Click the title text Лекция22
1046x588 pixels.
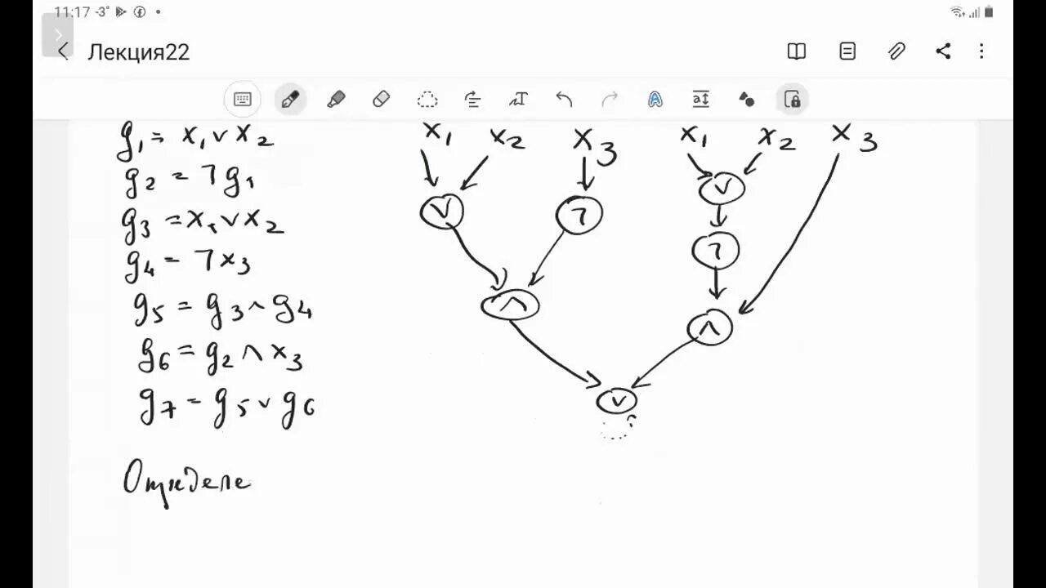point(139,52)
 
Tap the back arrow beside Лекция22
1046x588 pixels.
point(64,52)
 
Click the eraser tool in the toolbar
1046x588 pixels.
point(381,100)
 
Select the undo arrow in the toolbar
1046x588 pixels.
point(564,100)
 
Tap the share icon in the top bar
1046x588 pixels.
point(943,51)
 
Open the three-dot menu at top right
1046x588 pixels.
point(981,51)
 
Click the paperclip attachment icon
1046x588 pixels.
point(896,51)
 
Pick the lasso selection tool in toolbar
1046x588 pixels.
point(427,100)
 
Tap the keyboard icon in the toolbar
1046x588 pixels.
point(243,100)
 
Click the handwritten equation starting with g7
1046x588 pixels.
point(226,406)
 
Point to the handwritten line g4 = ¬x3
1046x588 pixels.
point(188,262)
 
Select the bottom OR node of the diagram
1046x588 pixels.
point(617,401)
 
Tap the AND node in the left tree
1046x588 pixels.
point(511,305)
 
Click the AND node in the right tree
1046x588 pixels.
point(709,328)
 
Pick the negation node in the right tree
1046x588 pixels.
point(716,251)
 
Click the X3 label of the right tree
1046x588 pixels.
point(853,138)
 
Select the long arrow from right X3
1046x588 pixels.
point(797,237)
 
